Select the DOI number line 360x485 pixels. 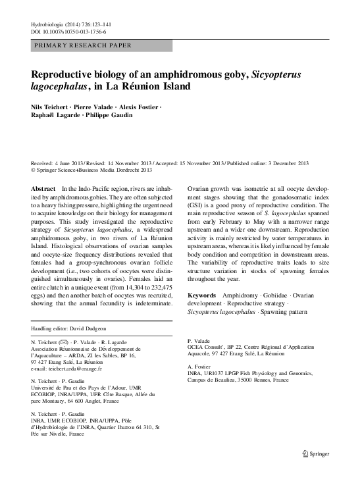(68, 32)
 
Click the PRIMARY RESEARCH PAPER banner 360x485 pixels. (82, 45)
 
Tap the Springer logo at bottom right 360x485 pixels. (316, 471)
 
